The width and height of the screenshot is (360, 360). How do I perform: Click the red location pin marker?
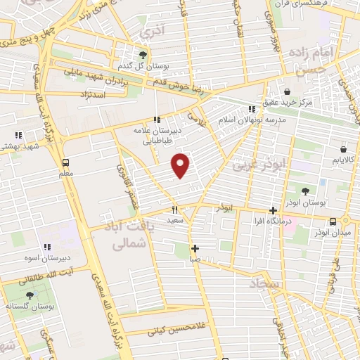pos(181,165)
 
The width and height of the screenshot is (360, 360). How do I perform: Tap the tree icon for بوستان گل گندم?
pos(144,54)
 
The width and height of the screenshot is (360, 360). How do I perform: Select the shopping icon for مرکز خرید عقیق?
pos(287,92)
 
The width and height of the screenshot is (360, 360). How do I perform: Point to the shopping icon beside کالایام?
pos(342,150)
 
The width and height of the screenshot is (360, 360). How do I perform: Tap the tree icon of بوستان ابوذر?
pos(306,191)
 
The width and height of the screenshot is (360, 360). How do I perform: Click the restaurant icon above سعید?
pos(175,210)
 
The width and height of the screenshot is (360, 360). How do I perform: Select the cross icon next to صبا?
pos(195,247)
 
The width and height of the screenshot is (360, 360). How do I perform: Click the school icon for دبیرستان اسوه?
pos(49,247)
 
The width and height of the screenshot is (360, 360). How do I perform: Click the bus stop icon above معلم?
pos(65,161)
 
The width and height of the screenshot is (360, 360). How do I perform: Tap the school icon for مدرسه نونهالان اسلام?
pos(251,109)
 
